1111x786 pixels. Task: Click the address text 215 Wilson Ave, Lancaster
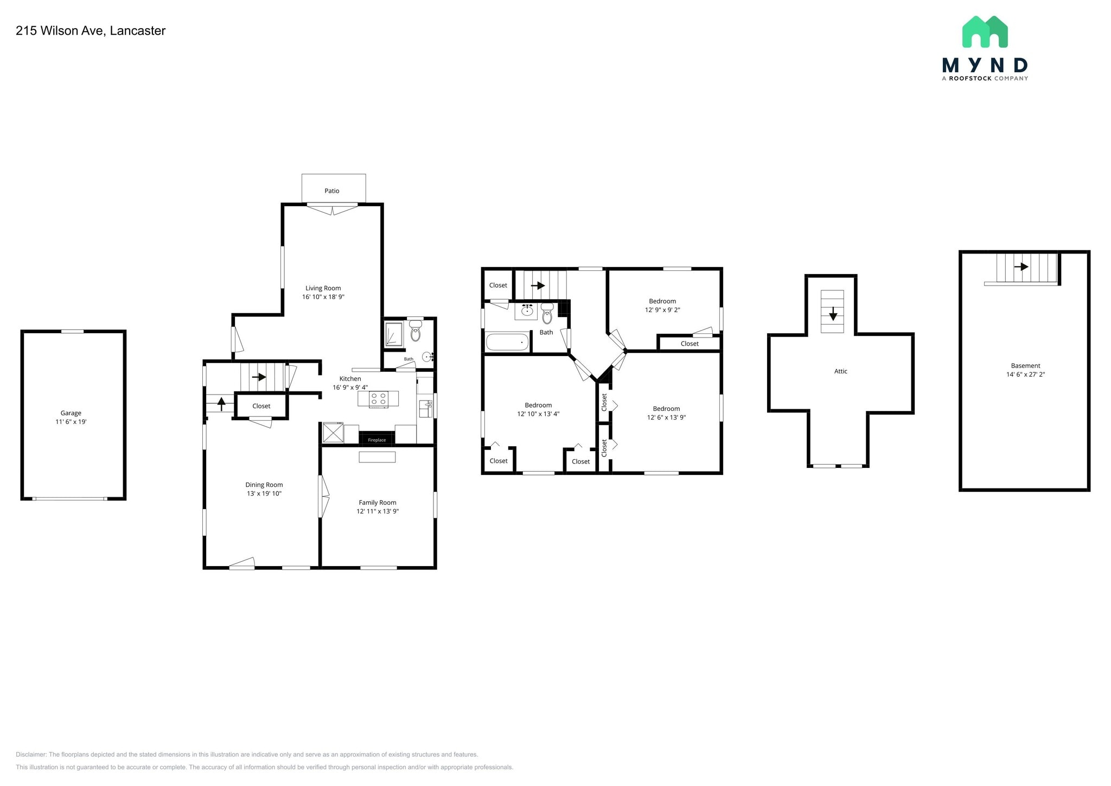[x=91, y=31]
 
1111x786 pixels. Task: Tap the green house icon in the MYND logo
[x=985, y=32]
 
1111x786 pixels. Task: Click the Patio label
[x=332, y=191]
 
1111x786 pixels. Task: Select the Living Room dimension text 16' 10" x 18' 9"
[x=323, y=297]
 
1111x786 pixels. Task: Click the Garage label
[x=71, y=413]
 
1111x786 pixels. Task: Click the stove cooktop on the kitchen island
[x=378, y=400]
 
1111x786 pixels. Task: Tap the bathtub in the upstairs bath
[x=507, y=343]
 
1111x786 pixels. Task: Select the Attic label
[x=840, y=371]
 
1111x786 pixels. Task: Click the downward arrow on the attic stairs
[x=833, y=313]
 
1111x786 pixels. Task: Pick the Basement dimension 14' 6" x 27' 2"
[x=1025, y=375]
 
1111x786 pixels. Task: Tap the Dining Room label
[x=264, y=485]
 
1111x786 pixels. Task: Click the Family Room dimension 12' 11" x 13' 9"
[x=378, y=511]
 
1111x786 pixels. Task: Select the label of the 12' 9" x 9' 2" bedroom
[x=662, y=301]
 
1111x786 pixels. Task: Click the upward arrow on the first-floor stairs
[x=221, y=403]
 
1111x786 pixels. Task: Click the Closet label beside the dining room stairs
[x=261, y=406]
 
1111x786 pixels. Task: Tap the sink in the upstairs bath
[x=527, y=311]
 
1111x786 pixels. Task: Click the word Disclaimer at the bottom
[x=31, y=755]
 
